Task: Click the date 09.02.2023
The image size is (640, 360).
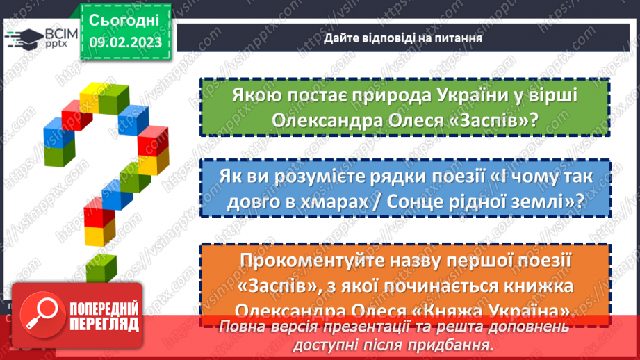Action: [x=125, y=42]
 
